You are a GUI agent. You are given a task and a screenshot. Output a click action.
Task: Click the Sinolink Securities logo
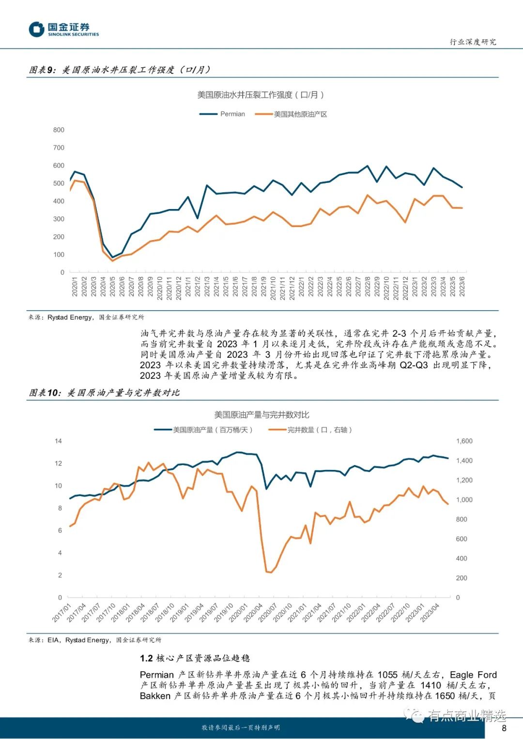[x=63, y=30]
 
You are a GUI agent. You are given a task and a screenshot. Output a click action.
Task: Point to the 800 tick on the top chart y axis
[x=59, y=130]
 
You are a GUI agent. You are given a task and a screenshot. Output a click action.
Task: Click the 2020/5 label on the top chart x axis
[x=112, y=287]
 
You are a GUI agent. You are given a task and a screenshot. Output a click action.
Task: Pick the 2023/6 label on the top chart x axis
[x=462, y=287]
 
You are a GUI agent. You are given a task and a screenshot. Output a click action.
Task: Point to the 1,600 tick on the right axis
[x=464, y=441]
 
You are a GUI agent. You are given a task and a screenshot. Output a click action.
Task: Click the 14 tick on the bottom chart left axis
[x=59, y=441]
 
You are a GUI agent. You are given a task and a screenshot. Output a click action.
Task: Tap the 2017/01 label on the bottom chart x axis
[x=62, y=612]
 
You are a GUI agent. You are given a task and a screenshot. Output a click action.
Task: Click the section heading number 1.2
[x=146, y=658]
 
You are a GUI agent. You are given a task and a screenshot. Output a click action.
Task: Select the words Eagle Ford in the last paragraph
[x=473, y=675]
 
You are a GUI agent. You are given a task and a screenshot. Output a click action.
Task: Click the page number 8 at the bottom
[x=504, y=728]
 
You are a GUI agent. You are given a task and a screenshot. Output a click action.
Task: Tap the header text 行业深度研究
[x=473, y=42]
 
